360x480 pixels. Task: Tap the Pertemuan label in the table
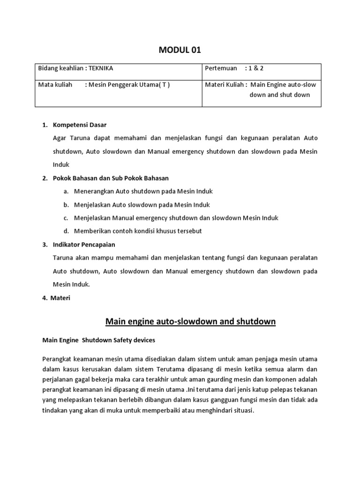221,68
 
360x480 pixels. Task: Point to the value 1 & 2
256,68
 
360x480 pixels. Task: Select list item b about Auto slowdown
142,205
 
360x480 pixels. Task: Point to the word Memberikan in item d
92,231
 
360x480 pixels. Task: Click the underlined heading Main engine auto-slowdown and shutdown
190,322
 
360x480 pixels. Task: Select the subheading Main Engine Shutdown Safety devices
99,340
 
